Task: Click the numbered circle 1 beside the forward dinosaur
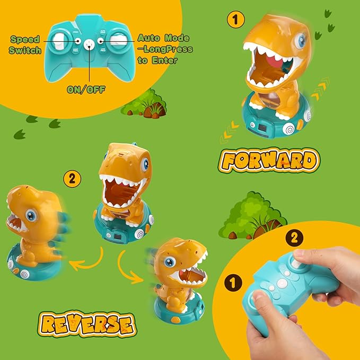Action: click(236, 21)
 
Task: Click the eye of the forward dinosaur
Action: click(301, 40)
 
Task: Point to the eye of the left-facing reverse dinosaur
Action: click(31, 216)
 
